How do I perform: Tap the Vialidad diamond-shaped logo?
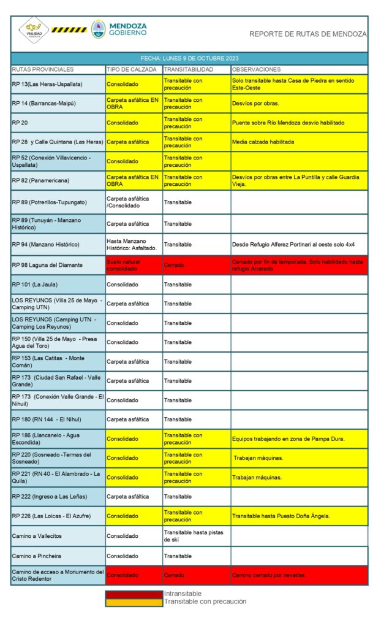click(34, 29)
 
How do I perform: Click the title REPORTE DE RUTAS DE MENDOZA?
click(307, 34)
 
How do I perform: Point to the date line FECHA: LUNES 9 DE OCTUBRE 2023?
click(189, 59)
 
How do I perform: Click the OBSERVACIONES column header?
click(257, 69)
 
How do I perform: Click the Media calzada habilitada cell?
click(263, 142)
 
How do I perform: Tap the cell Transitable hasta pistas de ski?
click(194, 536)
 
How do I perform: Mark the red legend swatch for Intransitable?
click(134, 594)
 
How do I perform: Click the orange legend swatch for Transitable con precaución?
click(134, 602)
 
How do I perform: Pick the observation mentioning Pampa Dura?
click(289, 438)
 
